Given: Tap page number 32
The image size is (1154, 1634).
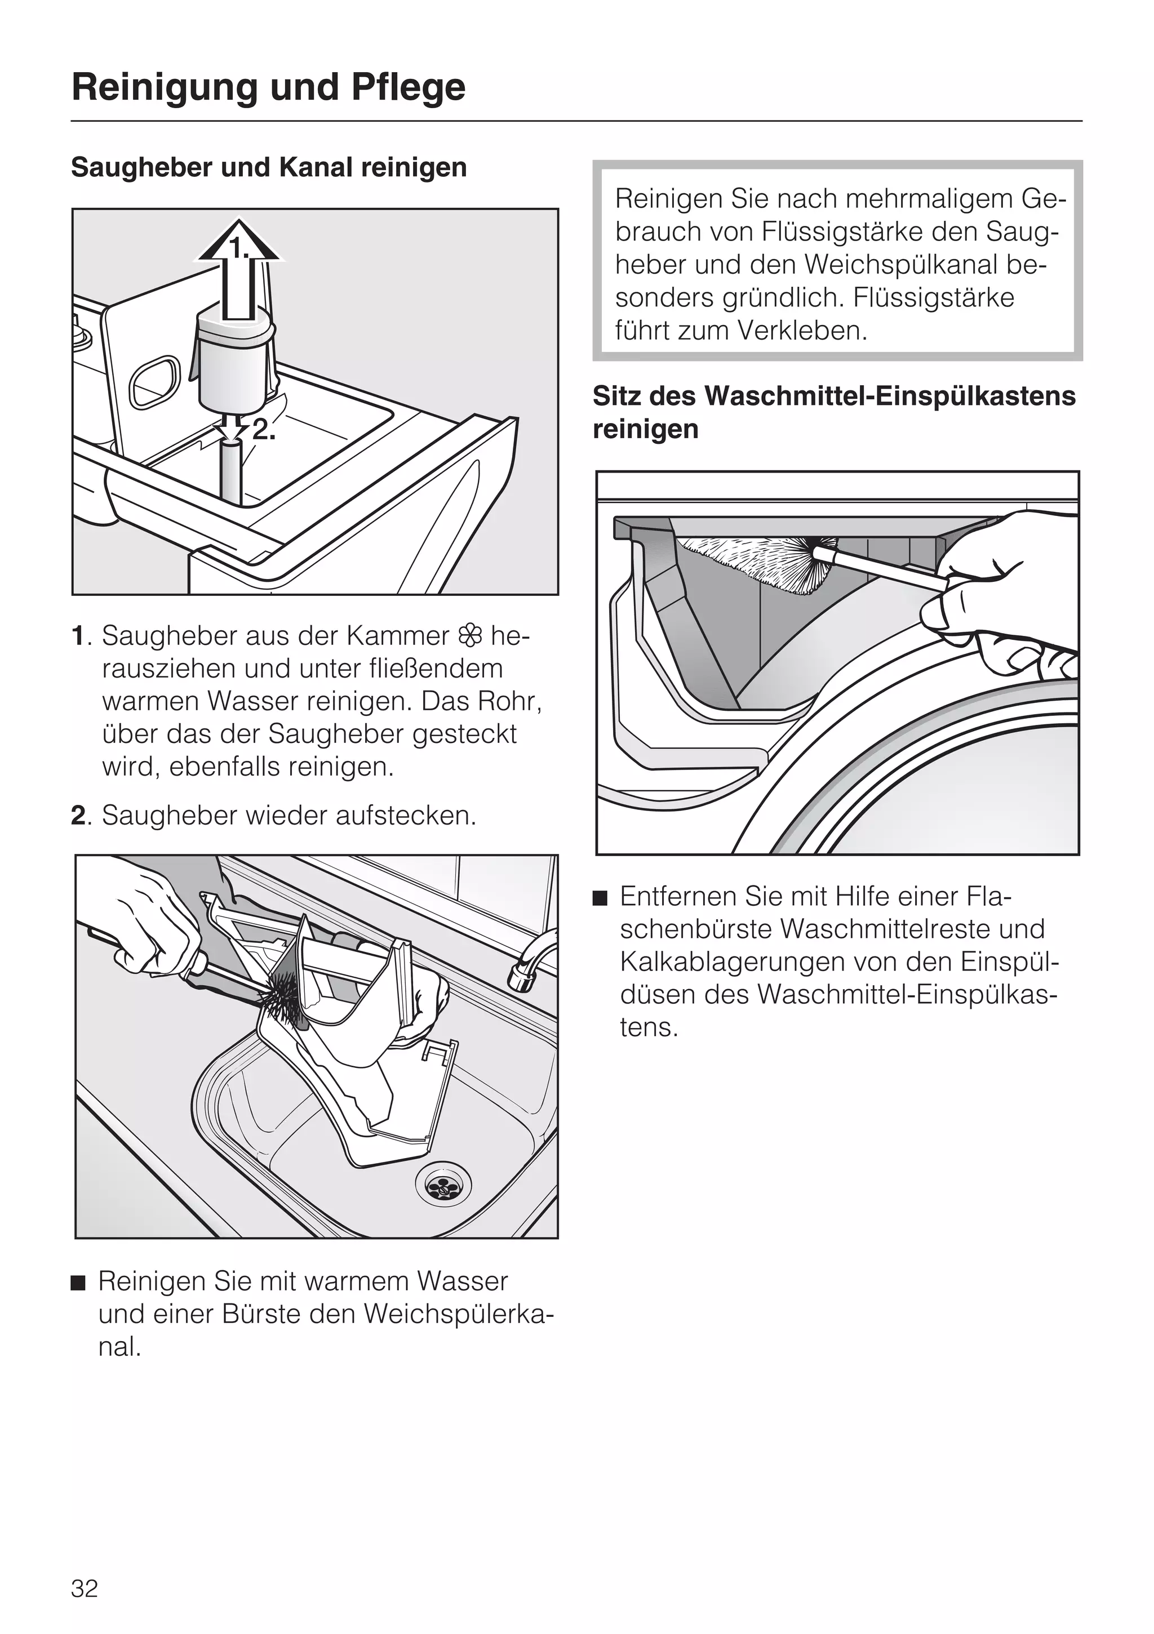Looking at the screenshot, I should coord(84,1588).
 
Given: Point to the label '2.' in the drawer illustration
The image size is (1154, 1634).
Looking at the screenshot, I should coord(263,429).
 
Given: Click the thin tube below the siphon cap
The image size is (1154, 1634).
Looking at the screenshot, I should coord(232,470).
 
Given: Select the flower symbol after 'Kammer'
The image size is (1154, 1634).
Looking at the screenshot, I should coord(470,635).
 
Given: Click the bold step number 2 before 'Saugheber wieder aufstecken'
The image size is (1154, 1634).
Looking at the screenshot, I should coord(78,816).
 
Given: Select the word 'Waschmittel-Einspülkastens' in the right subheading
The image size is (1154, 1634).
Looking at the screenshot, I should coord(890,396).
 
